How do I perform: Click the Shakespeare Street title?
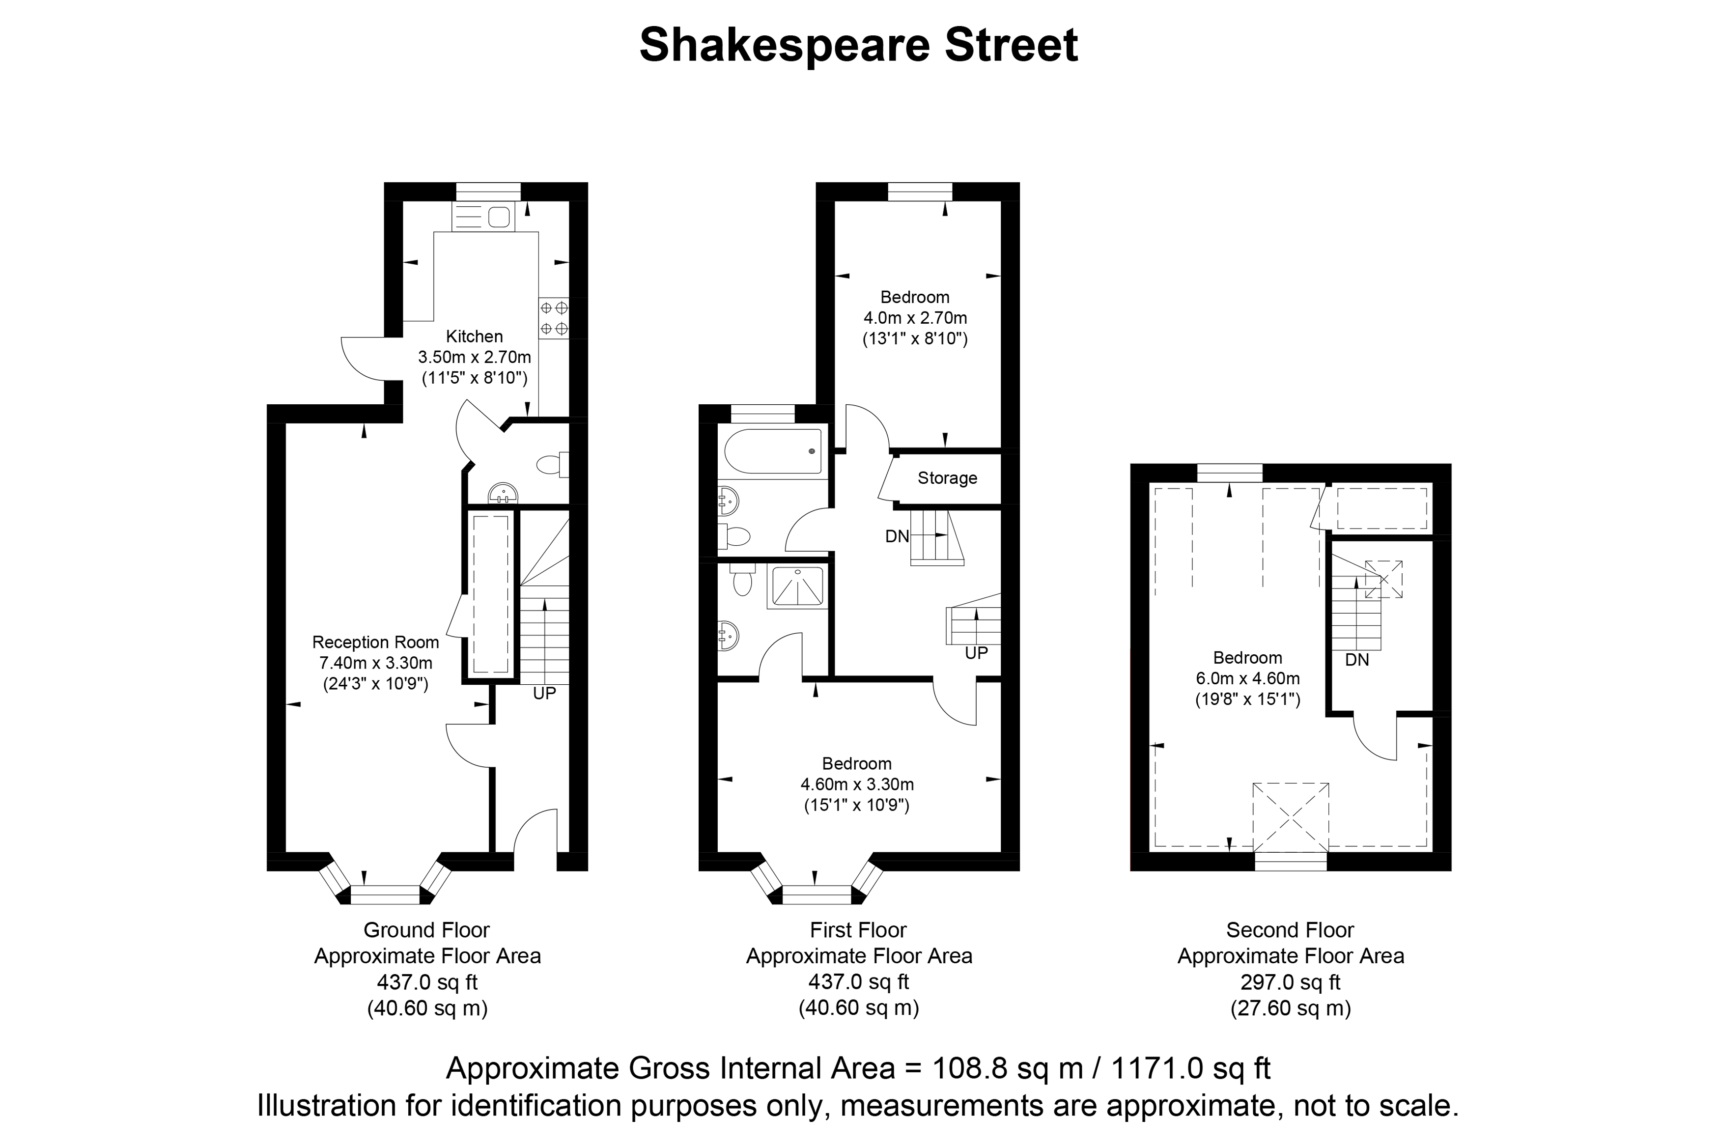859,45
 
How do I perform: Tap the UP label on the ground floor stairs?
544,693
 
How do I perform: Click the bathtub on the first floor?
772,451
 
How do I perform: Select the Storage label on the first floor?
947,478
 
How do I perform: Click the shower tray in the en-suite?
797,587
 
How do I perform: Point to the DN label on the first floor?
898,536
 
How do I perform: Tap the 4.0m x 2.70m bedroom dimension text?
915,318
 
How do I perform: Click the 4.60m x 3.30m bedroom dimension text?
857,784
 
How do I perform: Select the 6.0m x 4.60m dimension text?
1247,678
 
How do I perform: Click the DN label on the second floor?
1357,660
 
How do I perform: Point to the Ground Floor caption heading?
427,930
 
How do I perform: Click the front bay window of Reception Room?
385,881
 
